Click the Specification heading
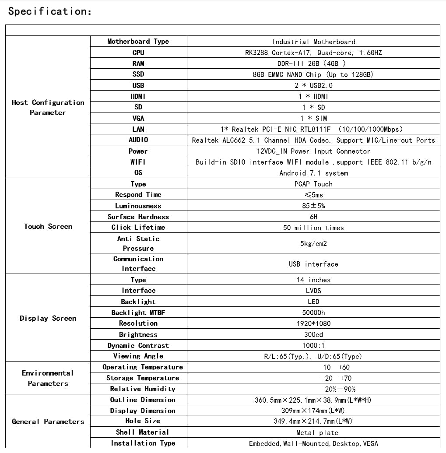coord(50,12)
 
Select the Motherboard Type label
coord(138,42)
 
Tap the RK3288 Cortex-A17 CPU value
coord(313,53)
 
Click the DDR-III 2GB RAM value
coord(313,63)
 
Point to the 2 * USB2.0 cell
coord(313,85)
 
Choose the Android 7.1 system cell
coord(313,173)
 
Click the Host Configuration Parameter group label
coord(48,107)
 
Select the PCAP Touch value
coord(313,184)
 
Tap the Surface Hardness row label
coord(138,217)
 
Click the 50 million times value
coord(313,228)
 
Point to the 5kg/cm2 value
coord(313,243)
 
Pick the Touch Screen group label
coord(48,226)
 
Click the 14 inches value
coord(313,280)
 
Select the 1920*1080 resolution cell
coord(313,323)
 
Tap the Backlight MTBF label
coord(138,313)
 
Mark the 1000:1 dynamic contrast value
coord(313,345)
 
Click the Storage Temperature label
coord(143,378)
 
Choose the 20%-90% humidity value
coord(340,389)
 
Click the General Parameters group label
coord(48,421)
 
